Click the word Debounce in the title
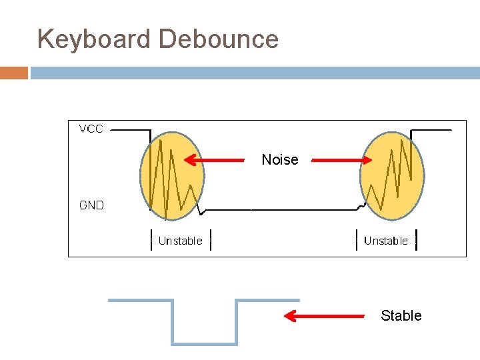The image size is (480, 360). pyautogui.click(x=219, y=39)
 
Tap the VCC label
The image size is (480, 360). pyautogui.click(x=91, y=129)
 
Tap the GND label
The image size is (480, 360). pyautogui.click(x=91, y=205)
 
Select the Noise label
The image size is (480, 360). pyautogui.click(x=280, y=160)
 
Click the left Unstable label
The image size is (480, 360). pyautogui.click(x=180, y=241)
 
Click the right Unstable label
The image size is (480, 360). pyautogui.click(x=386, y=241)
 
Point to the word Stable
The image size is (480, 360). pyautogui.click(x=401, y=315)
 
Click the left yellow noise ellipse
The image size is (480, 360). pyautogui.click(x=172, y=176)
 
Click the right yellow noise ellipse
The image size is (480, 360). pyautogui.click(x=392, y=176)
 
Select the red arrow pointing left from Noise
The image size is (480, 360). pyautogui.click(x=214, y=160)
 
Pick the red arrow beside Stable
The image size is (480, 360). pyautogui.click(x=325, y=316)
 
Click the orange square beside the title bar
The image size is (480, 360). pyautogui.click(x=13, y=73)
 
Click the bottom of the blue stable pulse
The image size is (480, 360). pyautogui.click(x=205, y=343)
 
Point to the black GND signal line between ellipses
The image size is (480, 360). pyautogui.click(x=287, y=209)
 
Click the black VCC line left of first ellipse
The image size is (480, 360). pyautogui.click(x=130, y=130)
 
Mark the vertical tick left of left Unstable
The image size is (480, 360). pyautogui.click(x=150, y=240)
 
